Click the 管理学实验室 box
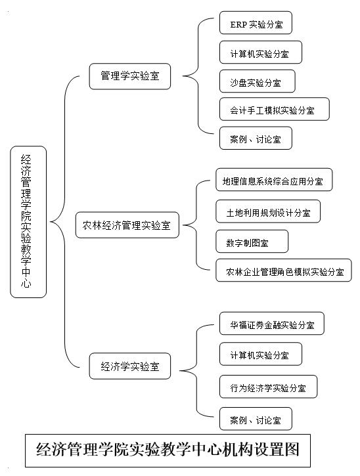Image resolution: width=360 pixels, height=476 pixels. point(129,76)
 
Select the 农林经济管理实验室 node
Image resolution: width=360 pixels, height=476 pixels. point(127,225)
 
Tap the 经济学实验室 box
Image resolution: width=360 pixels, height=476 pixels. point(129,366)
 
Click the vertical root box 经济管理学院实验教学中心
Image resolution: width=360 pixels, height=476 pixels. point(28,222)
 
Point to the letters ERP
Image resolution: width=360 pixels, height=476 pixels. point(238,24)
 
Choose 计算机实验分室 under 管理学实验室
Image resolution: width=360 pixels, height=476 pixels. point(261,53)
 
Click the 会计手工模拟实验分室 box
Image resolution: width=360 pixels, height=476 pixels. point(275,109)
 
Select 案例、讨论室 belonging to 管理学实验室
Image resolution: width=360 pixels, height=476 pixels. point(256,138)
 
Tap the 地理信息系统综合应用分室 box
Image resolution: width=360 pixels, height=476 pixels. point(274,180)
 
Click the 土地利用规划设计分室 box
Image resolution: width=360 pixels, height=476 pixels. point(268,211)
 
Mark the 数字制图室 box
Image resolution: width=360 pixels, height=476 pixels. point(252,242)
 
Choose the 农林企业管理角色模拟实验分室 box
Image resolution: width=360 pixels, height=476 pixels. point(283,270)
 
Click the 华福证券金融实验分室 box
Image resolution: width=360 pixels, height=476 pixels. point(271,324)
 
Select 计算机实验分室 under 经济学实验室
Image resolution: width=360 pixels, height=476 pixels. point(261,354)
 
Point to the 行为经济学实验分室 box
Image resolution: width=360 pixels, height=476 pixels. point(268,387)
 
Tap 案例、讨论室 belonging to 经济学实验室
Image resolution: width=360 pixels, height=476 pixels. point(256,419)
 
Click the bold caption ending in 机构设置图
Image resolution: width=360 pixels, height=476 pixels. point(168,450)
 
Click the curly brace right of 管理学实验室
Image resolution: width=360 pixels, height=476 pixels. point(198,76)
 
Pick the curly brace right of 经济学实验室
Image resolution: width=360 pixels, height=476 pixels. point(197,371)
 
